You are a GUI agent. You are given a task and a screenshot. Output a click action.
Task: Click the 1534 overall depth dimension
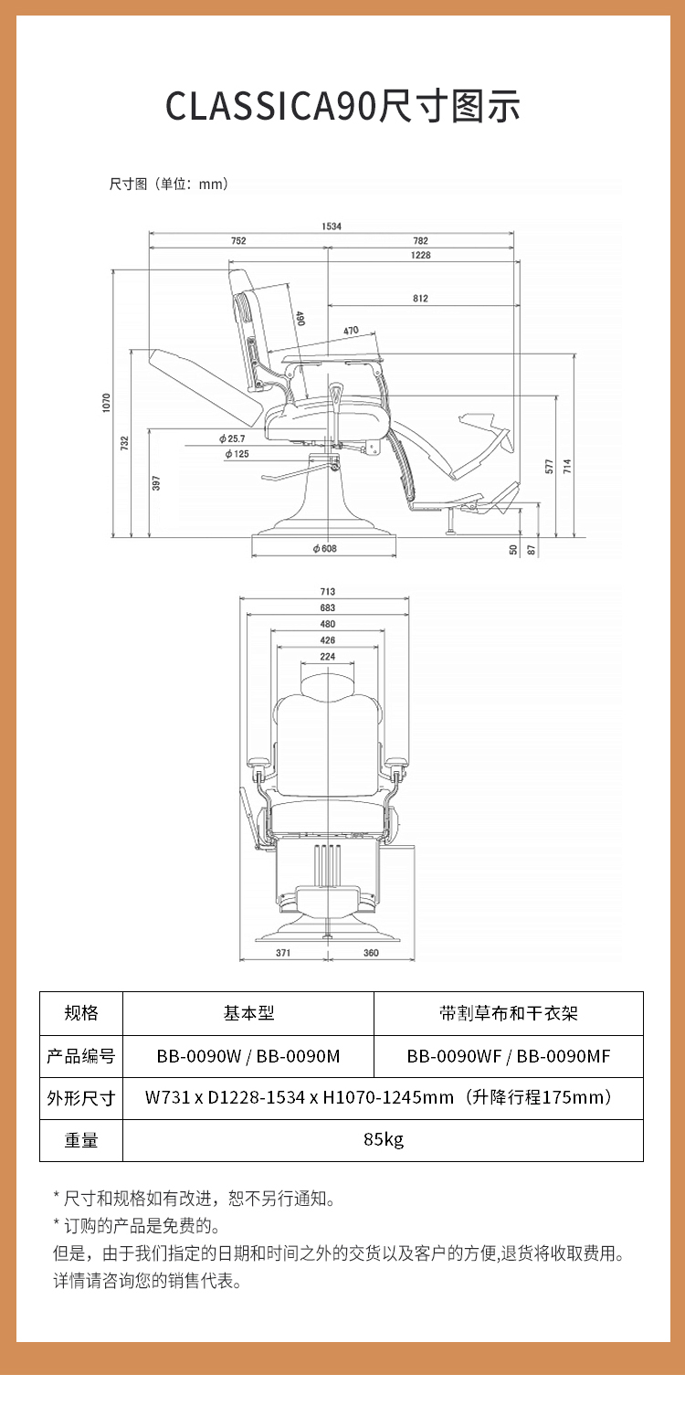point(332,226)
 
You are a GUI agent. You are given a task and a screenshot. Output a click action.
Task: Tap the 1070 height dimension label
point(106,402)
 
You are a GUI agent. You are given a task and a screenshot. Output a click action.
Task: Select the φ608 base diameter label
point(325,548)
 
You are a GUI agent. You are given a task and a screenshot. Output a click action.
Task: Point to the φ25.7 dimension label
point(232,439)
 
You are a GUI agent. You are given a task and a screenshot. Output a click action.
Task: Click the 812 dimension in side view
point(420,298)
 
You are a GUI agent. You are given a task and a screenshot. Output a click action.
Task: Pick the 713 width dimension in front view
point(328,591)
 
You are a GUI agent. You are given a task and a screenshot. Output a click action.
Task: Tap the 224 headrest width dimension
point(328,657)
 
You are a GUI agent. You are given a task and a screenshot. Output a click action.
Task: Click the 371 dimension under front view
point(283,953)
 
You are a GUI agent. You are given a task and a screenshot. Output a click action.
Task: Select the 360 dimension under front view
point(371,953)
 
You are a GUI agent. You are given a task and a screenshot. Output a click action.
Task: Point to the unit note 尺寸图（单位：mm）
point(169,184)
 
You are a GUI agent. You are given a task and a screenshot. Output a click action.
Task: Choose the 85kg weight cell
point(384,1139)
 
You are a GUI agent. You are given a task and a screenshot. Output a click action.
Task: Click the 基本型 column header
point(248,1013)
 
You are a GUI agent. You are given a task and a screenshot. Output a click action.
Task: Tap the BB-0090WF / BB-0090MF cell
point(508,1056)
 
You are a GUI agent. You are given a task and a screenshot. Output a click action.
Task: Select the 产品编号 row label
point(81,1056)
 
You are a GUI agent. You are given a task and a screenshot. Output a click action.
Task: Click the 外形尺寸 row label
point(81,1098)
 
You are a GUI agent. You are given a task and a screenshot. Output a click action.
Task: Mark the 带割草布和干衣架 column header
point(508,1013)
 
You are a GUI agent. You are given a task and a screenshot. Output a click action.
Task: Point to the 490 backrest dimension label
point(300,319)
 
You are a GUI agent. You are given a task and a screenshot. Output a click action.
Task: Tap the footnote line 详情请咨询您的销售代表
point(148,1281)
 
